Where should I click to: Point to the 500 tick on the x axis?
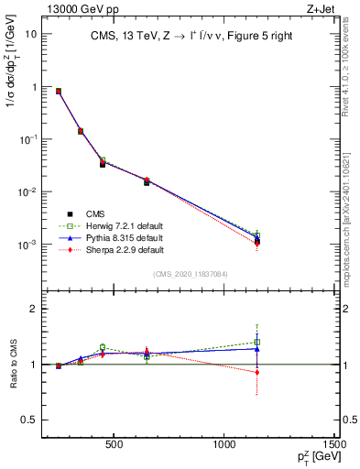115,444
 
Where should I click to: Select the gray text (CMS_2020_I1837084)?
191,275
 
